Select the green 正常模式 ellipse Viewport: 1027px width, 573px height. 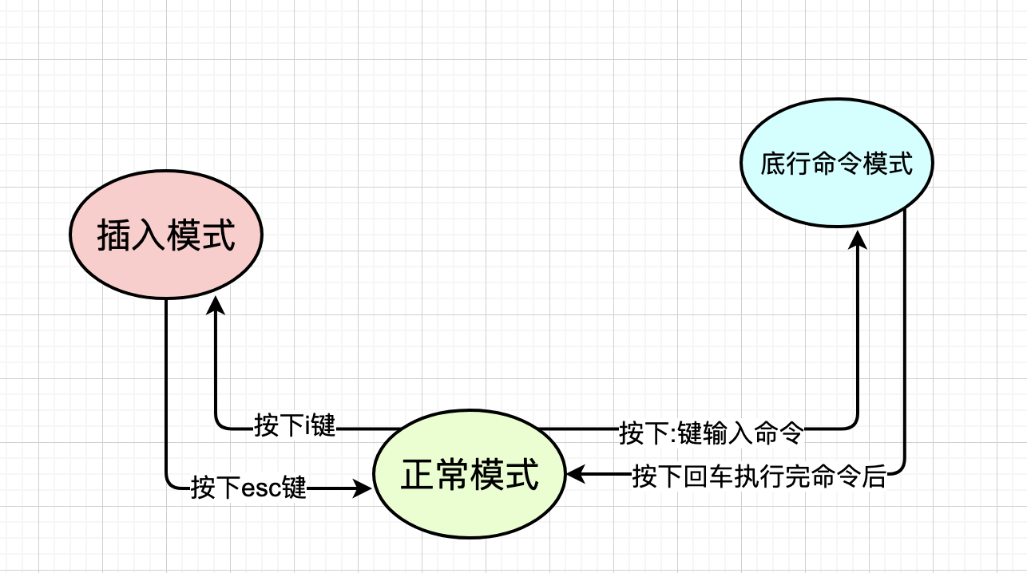[x=470, y=476]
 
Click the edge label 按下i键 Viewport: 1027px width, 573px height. [x=295, y=426]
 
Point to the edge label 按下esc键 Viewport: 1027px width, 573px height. [x=249, y=486]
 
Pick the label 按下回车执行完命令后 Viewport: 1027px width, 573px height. [x=759, y=477]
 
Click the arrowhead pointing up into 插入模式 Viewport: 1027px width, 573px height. [x=216, y=306]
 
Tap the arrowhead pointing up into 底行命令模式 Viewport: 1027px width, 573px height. [x=857, y=239]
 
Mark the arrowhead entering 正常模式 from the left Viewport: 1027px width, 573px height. [x=365, y=486]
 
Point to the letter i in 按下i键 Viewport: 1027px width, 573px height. [x=306, y=426]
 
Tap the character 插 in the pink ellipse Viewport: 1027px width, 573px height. [x=113, y=236]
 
